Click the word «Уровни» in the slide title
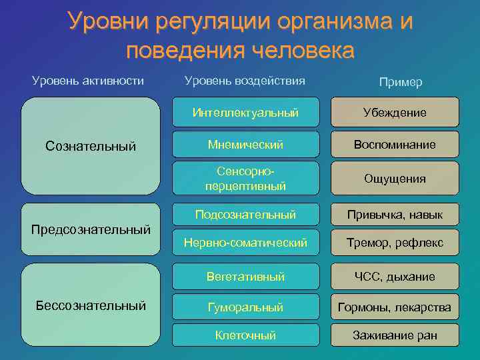click(x=109, y=21)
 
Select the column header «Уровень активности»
click(x=88, y=81)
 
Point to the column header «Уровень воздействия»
click(x=245, y=81)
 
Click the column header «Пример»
click(x=400, y=82)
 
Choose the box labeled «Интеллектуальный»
click(x=245, y=113)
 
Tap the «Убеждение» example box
click(x=395, y=113)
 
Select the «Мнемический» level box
click(x=245, y=145)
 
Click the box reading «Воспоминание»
click(x=395, y=145)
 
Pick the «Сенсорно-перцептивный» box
click(x=245, y=179)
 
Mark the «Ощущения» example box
click(x=395, y=179)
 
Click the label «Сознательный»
click(x=90, y=145)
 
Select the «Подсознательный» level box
click(x=245, y=215)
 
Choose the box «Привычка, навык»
click(x=395, y=215)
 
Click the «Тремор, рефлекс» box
click(x=395, y=243)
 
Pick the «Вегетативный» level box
click(x=245, y=276)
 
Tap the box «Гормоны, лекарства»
click(x=395, y=307)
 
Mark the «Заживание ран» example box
click(x=395, y=335)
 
